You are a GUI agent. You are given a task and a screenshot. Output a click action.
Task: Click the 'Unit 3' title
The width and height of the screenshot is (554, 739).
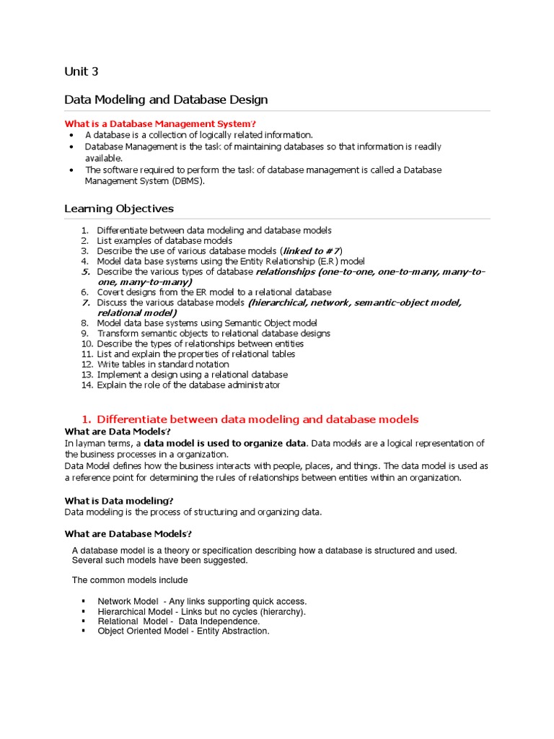coord(81,71)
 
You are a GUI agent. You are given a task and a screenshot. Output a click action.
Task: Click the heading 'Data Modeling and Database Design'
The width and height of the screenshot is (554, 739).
coord(166,100)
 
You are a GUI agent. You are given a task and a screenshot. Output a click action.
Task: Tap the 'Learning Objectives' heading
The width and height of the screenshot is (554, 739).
coord(119,209)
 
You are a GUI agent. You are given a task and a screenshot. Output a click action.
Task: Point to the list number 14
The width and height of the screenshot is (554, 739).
coord(85,385)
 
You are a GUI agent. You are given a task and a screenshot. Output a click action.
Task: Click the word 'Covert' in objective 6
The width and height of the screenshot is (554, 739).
coord(110,292)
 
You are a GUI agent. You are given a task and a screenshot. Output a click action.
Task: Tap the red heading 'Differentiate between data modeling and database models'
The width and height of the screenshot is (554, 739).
coord(258,419)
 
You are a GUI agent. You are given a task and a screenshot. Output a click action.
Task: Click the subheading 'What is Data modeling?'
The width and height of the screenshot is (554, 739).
coord(119,501)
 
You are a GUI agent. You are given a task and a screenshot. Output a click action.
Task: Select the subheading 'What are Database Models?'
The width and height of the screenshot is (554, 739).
coord(127,533)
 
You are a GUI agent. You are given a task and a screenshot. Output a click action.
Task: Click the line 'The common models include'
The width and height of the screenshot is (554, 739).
coord(130,580)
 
